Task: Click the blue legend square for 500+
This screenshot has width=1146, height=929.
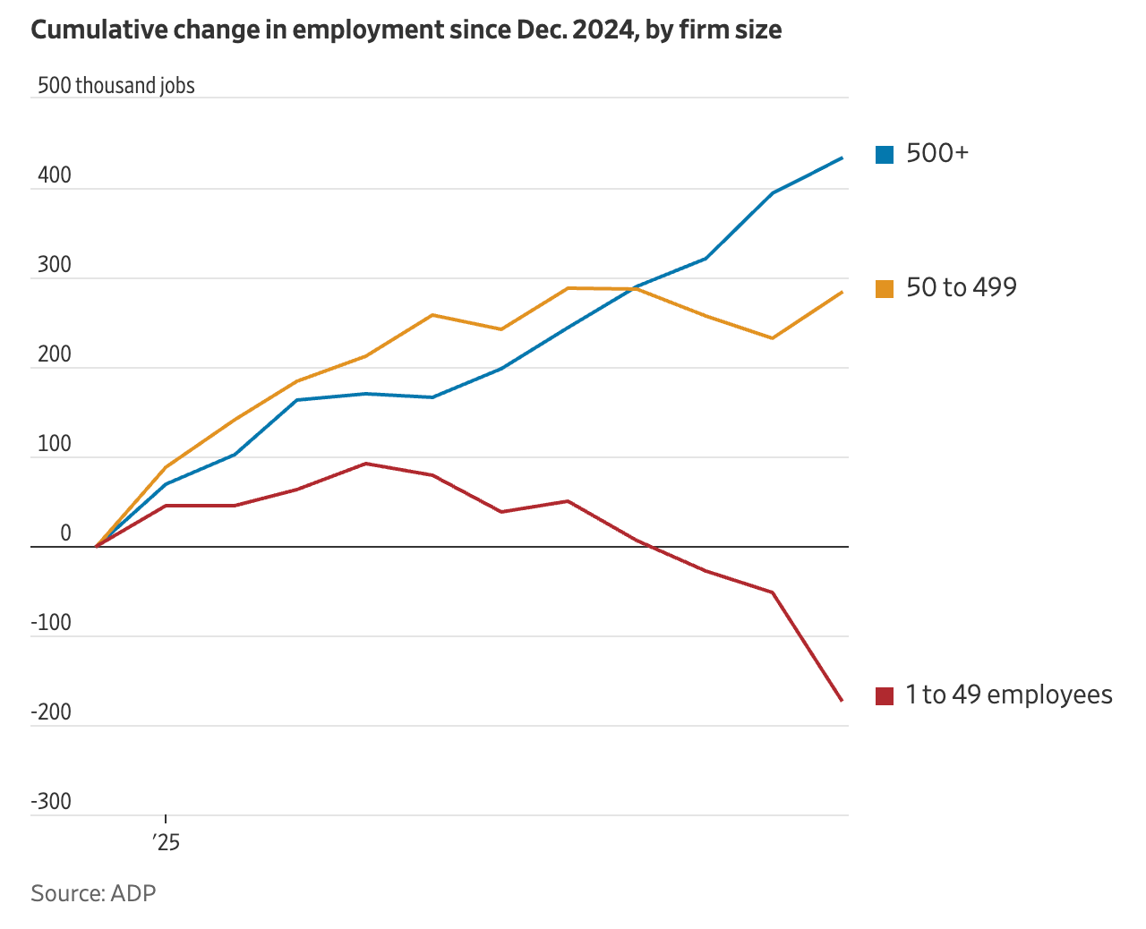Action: (885, 155)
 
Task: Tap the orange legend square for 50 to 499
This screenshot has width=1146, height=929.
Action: (885, 289)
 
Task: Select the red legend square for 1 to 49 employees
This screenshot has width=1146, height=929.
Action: (885, 695)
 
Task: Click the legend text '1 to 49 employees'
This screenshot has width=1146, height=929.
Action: (1008, 695)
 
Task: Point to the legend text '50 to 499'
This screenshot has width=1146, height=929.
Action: (962, 287)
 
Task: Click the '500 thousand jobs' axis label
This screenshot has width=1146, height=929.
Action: (116, 86)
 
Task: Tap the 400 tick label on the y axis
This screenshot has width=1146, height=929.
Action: (55, 175)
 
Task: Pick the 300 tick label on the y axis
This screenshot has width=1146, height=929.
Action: (55, 265)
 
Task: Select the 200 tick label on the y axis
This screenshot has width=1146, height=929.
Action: (55, 354)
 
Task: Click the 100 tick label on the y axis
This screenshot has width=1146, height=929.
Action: (55, 444)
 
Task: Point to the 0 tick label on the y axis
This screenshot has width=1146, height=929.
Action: (65, 533)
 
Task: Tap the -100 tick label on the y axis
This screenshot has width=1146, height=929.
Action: (51, 623)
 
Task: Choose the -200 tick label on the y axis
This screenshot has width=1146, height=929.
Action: (51, 712)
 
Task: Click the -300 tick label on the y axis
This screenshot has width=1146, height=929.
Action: (51, 802)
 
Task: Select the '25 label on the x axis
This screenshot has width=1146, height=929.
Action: (166, 842)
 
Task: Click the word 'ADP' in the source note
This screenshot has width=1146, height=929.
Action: (133, 893)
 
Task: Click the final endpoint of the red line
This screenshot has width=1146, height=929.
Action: (842, 700)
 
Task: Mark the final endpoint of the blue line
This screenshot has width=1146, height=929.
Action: (842, 158)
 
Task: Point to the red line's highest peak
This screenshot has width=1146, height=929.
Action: (365, 464)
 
